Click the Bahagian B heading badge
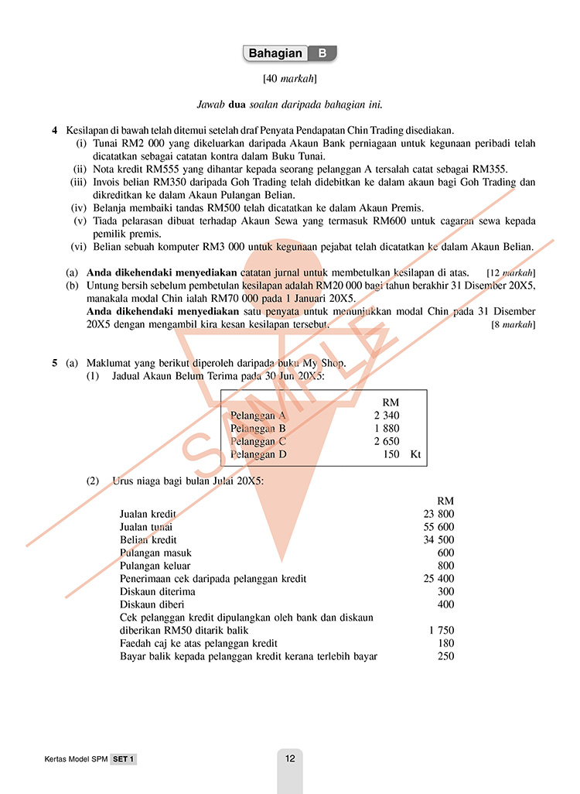coord(290,53)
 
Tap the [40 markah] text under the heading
coord(290,78)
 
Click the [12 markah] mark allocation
coord(511,273)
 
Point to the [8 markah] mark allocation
coord(513,325)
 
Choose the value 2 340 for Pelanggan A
coord(386,416)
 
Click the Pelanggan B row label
coord(258,429)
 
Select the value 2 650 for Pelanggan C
coord(386,441)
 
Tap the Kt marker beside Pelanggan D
coord(416,454)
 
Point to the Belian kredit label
coord(148,540)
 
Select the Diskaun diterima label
coord(157,592)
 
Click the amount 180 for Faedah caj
coord(445,643)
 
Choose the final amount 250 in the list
coord(445,656)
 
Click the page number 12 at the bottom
coord(290,759)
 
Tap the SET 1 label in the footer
coord(123,760)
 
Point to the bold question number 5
coord(55,362)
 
